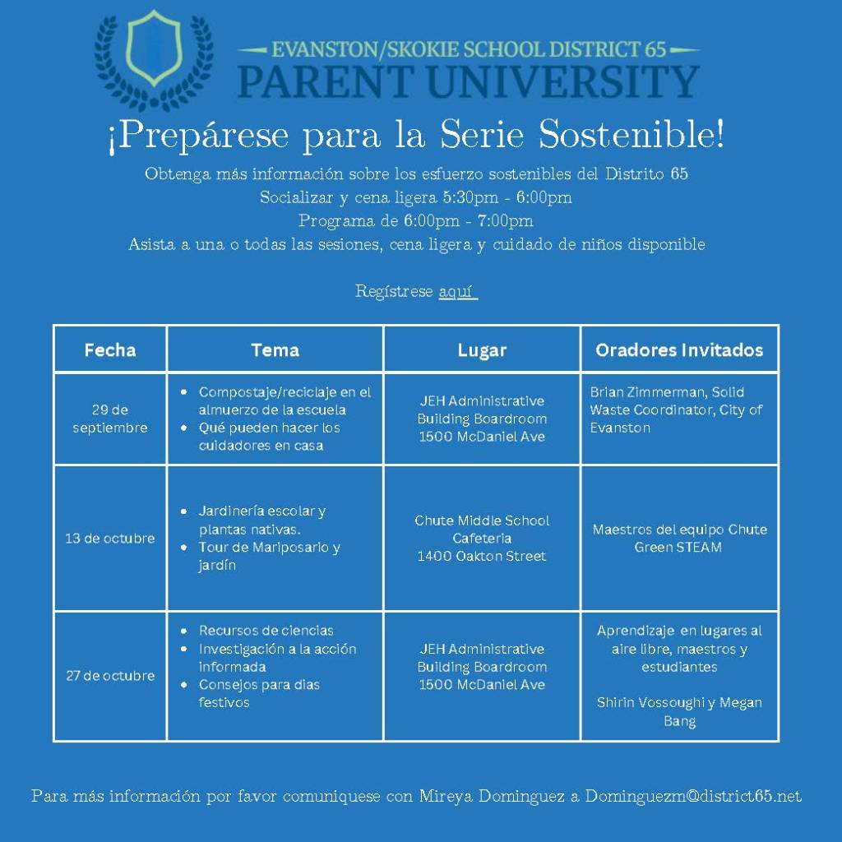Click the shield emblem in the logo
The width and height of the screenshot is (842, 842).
(154, 49)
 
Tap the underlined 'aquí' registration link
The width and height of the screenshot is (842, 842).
(458, 292)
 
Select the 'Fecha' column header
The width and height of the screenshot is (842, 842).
(110, 350)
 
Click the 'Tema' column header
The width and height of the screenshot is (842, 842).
(275, 350)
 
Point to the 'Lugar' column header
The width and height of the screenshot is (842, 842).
(482, 350)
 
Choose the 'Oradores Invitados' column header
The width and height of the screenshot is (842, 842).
(679, 350)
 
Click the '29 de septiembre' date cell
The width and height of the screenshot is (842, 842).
(110, 419)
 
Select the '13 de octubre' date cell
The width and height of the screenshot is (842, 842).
(110, 538)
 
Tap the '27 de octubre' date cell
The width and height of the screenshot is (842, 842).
(110, 676)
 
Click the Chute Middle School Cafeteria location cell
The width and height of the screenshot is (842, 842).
(482, 538)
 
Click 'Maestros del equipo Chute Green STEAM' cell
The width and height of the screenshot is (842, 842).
(679, 538)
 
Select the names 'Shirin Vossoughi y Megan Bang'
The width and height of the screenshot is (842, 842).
(679, 711)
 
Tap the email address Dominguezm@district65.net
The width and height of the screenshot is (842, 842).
(693, 795)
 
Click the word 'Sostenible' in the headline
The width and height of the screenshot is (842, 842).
(631, 134)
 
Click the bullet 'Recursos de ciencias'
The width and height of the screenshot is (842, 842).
(266, 631)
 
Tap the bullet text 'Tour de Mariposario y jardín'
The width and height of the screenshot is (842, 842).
(269, 556)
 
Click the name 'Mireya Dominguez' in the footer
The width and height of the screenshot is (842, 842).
(492, 795)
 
